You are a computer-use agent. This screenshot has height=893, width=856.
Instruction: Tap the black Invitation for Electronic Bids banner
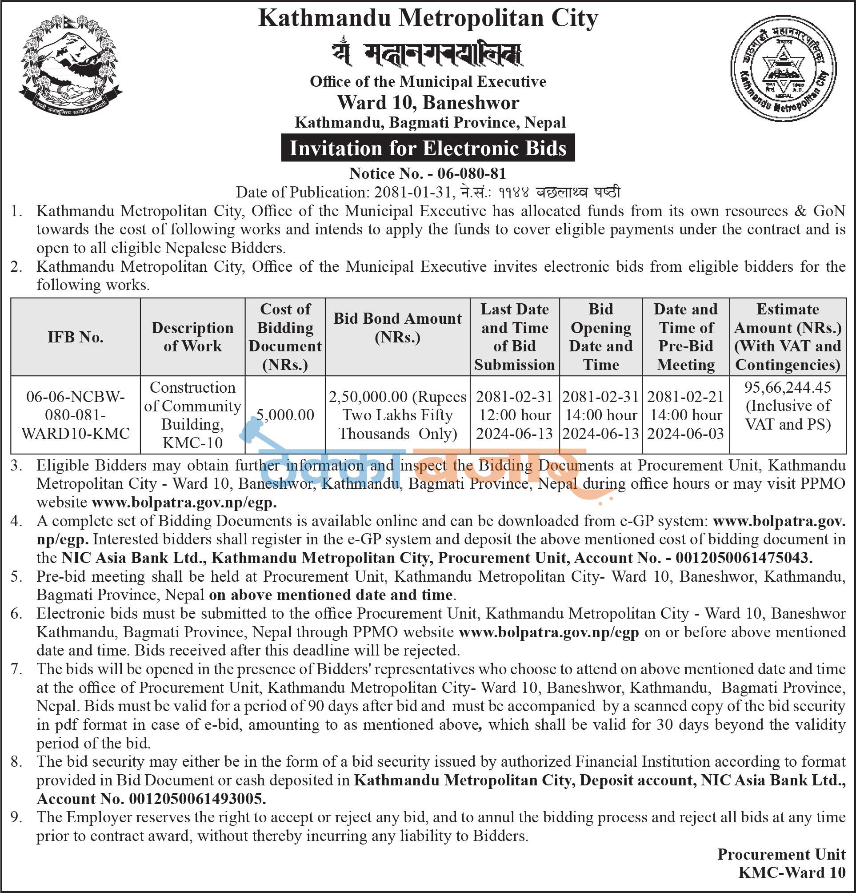pos(428,148)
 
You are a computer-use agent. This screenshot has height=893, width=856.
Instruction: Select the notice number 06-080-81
pos(472,173)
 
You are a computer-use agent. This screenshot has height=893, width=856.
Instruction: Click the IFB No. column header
pos(76,337)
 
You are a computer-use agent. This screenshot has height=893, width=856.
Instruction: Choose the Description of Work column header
pos(192,337)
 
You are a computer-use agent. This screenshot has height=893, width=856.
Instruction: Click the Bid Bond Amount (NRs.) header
pos(397,328)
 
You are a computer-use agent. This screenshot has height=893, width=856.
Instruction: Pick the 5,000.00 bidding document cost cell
pos(285,414)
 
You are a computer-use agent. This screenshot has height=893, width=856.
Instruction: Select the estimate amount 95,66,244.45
pos(788,387)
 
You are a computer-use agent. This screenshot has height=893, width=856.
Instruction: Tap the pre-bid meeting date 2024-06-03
pos(685,433)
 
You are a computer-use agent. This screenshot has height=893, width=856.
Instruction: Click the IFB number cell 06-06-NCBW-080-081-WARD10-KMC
pos(76,415)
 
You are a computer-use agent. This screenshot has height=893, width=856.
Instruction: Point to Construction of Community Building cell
pos(192,414)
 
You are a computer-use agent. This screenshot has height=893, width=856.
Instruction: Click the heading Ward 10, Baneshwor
pos(428,103)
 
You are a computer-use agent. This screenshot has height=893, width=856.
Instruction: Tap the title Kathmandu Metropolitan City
pos(428,19)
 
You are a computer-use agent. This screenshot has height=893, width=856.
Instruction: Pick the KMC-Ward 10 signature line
pos(792,872)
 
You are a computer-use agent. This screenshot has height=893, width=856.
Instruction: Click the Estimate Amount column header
pos(788,337)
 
